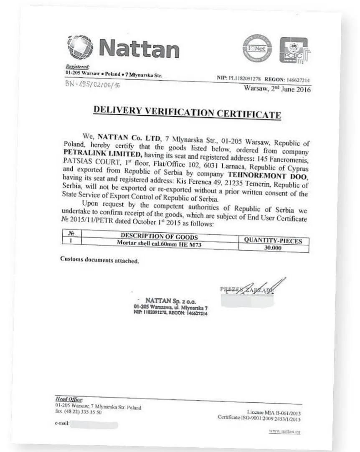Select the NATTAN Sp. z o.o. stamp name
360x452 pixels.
(x=170, y=301)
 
